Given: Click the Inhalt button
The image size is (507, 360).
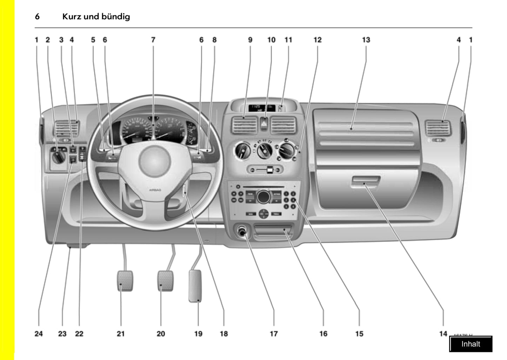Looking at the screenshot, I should [x=471, y=344].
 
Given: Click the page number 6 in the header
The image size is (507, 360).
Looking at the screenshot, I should [x=37, y=16].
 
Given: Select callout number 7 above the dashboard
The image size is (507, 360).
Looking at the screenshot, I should [x=153, y=40].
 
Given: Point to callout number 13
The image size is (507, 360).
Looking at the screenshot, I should [x=366, y=40].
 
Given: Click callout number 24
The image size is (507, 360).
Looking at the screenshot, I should [x=39, y=334].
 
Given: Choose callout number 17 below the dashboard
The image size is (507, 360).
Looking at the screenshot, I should [x=274, y=334].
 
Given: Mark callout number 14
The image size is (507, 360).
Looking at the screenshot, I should [x=443, y=334].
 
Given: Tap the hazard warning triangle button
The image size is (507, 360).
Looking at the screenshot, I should [x=265, y=123].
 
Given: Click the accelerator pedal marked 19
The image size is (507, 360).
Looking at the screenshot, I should [x=195, y=286].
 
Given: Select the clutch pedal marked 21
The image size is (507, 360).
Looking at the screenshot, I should [x=125, y=281].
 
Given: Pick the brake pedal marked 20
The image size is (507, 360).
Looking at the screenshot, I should [x=165, y=281].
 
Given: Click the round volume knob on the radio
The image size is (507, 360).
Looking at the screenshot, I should [x=263, y=197].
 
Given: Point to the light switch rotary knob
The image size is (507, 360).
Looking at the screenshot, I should [x=58, y=158].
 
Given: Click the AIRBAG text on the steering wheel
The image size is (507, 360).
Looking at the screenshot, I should [x=155, y=190].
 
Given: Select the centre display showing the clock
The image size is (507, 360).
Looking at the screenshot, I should [x=261, y=108].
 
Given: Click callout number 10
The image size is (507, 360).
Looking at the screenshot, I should [x=271, y=40].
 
